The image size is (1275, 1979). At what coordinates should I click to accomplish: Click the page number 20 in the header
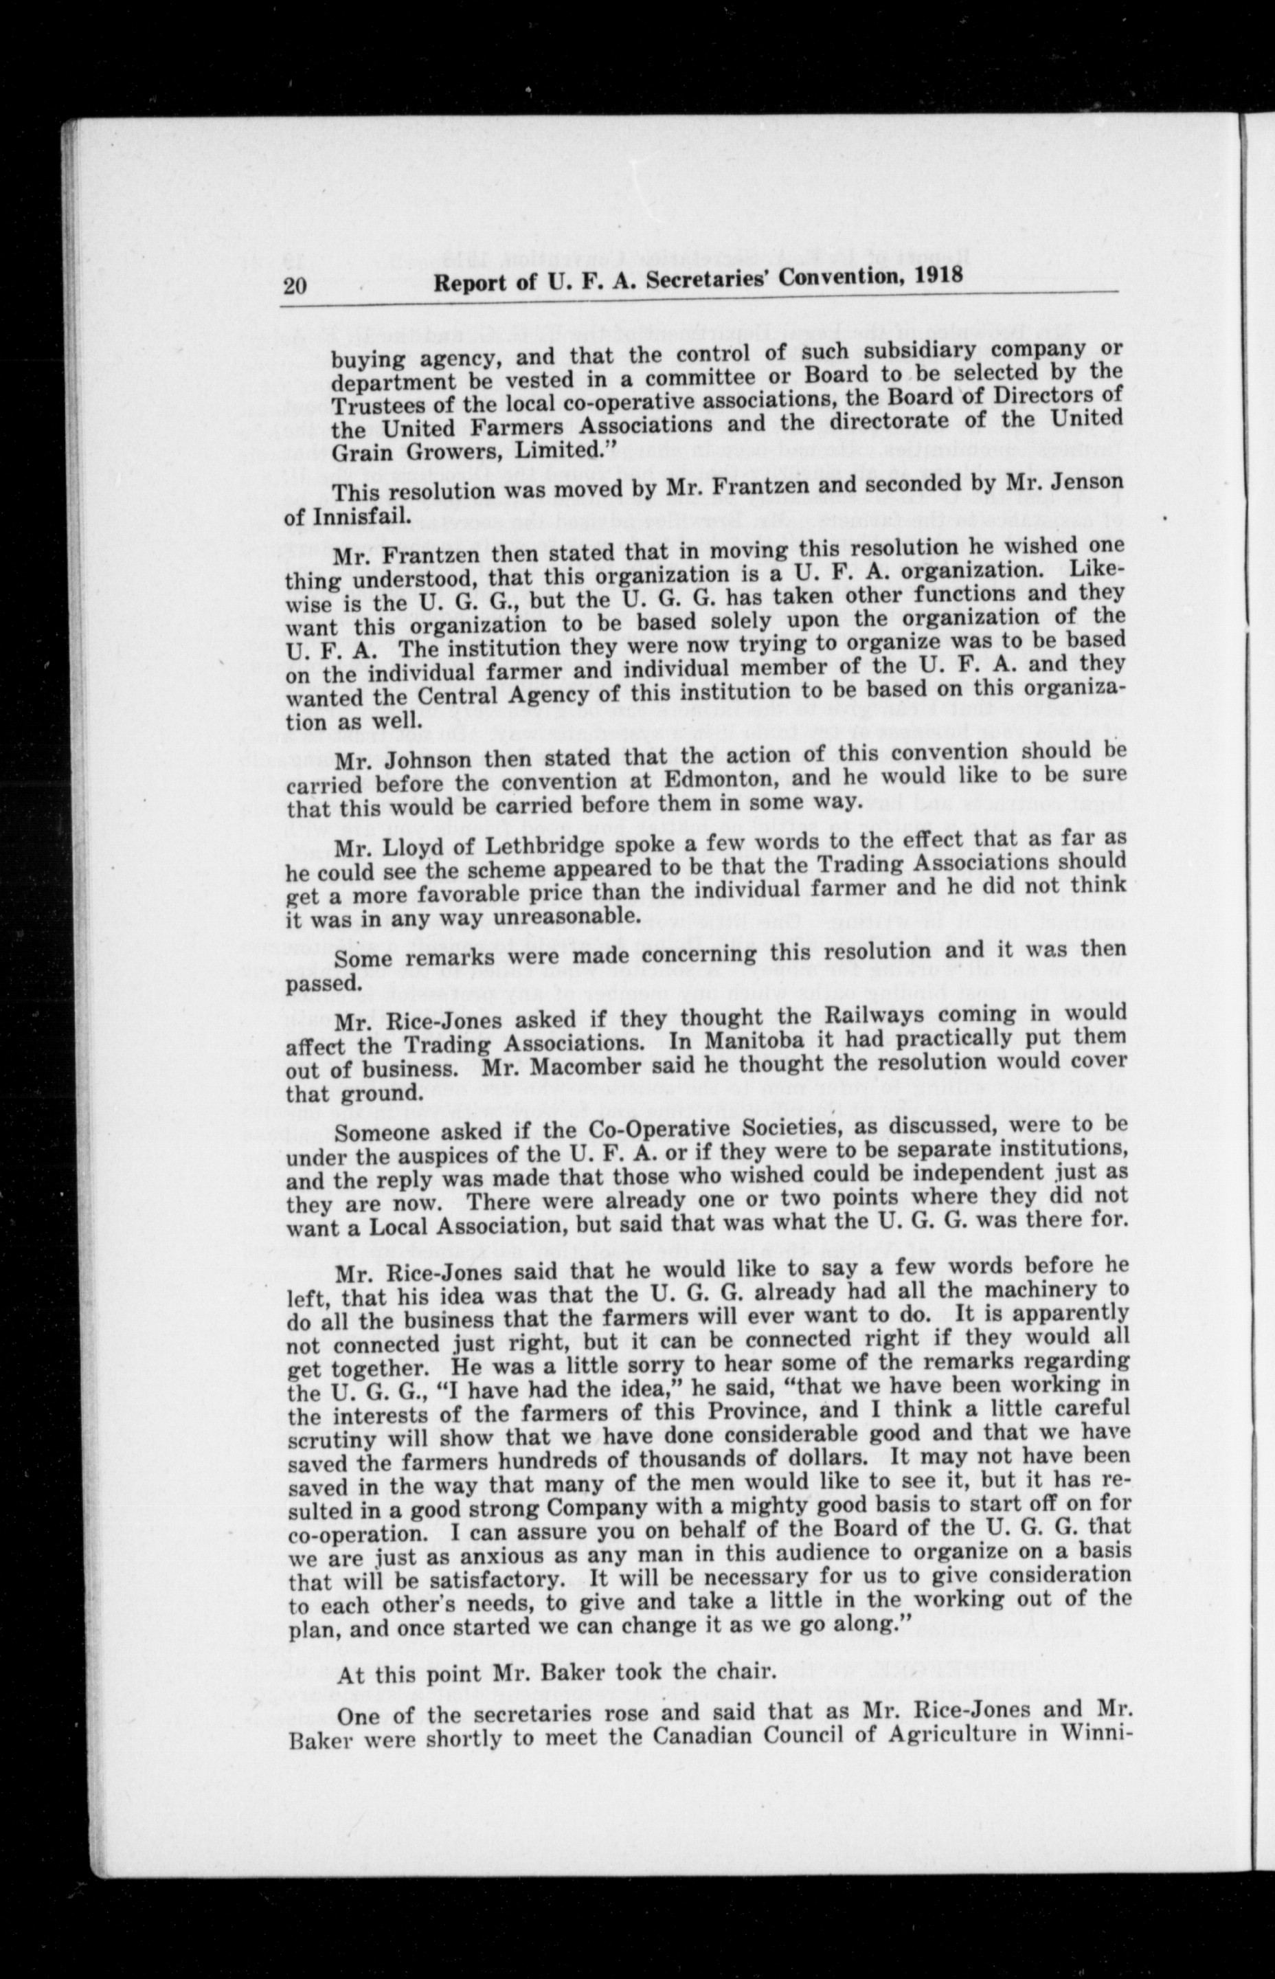click(295, 287)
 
